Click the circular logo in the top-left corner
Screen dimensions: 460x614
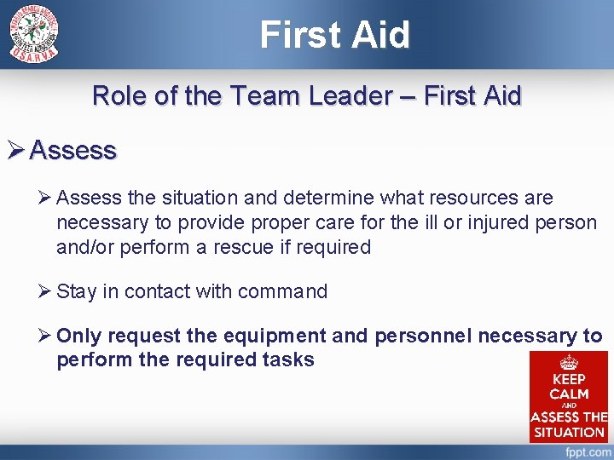pos(34,34)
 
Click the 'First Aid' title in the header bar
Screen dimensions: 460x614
pos(334,35)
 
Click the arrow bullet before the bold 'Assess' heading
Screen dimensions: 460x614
pos(15,151)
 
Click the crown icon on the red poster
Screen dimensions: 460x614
pos(569,362)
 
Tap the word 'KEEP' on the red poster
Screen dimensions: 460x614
pos(569,379)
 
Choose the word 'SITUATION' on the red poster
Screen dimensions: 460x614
pos(569,431)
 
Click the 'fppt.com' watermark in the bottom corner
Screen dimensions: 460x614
pos(584,452)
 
